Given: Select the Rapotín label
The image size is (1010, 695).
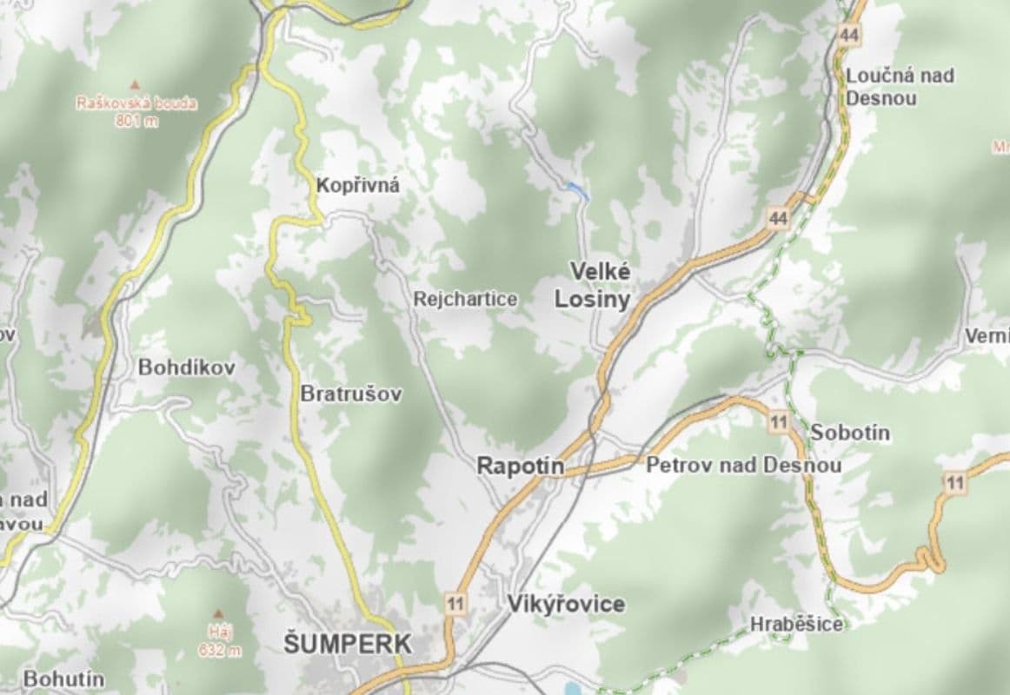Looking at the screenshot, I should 520,467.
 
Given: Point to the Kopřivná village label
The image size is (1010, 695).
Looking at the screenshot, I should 358,185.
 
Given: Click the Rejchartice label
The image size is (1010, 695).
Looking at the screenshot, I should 466,300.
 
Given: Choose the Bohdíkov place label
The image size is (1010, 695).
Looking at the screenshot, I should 187,367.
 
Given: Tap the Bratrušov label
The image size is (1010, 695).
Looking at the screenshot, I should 351,394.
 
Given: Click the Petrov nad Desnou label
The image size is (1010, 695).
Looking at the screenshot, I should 743,466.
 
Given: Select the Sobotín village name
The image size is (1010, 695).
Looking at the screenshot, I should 850,433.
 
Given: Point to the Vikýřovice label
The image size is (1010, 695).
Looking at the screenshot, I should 566,604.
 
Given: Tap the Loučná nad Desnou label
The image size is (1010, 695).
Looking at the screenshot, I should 899,86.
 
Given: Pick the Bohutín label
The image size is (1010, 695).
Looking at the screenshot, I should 63,678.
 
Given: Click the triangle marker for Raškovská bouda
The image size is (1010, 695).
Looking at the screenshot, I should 135,84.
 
